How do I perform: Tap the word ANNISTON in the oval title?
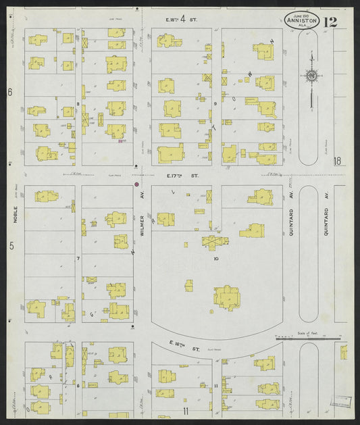[298, 20]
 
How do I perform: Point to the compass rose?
[311, 76]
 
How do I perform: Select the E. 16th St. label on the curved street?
[183, 349]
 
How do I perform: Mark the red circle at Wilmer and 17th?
[136, 183]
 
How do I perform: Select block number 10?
[216, 259]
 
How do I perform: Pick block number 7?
[78, 259]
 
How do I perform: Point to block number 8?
[78, 104]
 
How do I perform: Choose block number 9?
[215, 104]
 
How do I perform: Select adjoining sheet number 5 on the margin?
[11, 246]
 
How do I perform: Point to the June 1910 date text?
[297, 14]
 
